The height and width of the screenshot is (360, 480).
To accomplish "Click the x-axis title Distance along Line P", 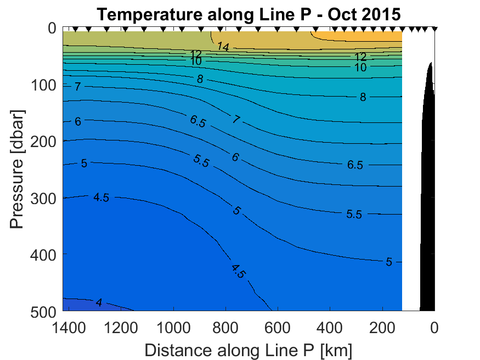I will click(249, 350).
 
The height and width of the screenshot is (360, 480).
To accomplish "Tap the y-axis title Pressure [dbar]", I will click(17, 170).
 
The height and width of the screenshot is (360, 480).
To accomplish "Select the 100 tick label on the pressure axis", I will click(43, 85).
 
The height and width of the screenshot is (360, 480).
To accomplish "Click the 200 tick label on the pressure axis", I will click(43, 141).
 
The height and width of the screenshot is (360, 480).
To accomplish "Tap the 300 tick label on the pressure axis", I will click(43, 198).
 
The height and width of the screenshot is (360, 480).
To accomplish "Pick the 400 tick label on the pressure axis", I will click(43, 254).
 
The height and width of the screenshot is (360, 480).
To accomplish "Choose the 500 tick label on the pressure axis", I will click(43, 311).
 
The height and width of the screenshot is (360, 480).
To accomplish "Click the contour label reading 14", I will click(222, 47).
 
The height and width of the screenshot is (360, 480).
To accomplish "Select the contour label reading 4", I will click(99, 303).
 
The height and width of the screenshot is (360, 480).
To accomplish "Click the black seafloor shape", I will click(428, 220).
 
